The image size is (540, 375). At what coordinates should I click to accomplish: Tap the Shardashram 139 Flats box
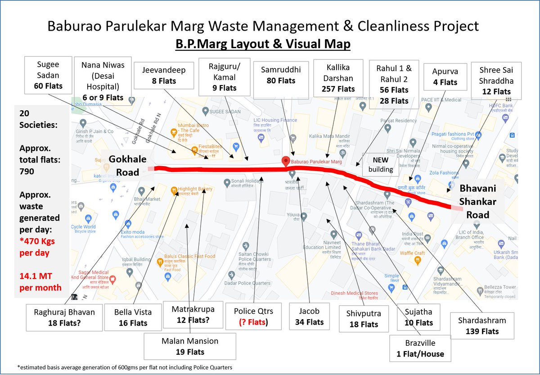tap(482, 326)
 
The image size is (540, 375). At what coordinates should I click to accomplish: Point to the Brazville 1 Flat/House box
tap(420, 348)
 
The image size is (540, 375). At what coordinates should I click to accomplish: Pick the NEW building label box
tap(380, 165)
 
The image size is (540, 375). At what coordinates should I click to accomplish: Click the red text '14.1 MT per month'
tap(38, 281)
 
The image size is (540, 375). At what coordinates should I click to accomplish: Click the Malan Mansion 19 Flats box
tap(190, 346)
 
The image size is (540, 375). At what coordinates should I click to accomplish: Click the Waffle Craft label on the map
tap(413, 253)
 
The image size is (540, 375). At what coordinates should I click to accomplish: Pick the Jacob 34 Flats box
tap(310, 316)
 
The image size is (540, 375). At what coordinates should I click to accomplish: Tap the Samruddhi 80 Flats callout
tap(278, 75)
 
